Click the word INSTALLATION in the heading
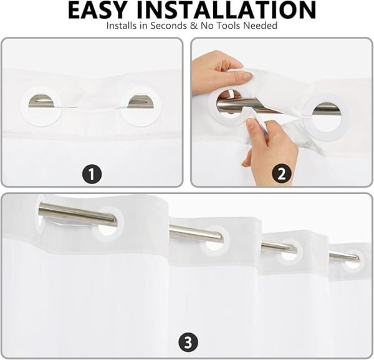coord(226,10)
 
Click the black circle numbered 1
coord(92,174)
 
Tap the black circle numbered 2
coord(282,174)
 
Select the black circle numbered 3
coord(188,343)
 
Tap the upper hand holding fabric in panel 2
coord(221,72)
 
